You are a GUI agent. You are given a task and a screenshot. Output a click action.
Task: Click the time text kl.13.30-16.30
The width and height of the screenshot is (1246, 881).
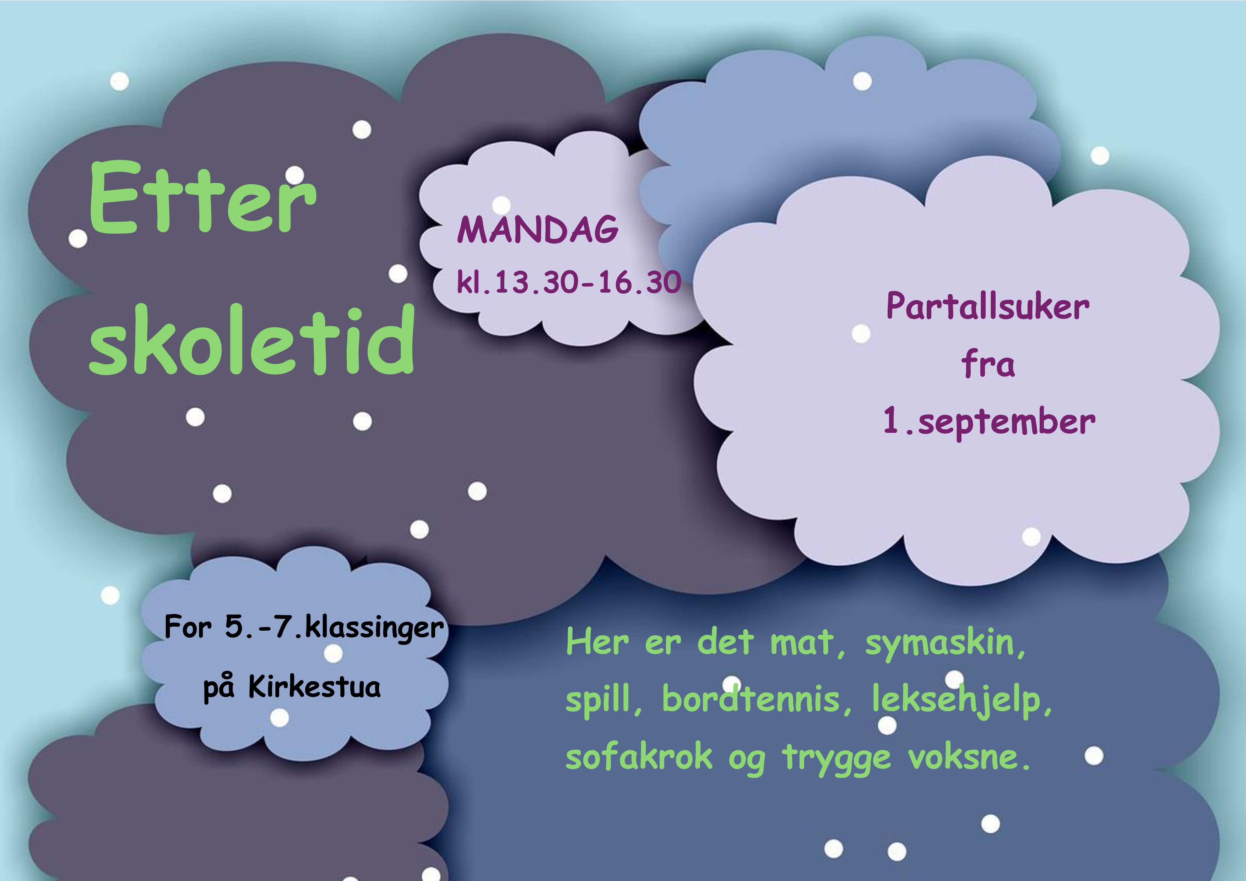point(569,282)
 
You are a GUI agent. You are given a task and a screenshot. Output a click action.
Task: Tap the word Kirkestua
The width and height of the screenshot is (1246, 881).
point(314,686)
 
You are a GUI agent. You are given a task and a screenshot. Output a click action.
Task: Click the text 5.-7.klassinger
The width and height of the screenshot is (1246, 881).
point(334,628)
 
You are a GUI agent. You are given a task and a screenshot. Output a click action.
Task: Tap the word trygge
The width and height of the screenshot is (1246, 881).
point(836,758)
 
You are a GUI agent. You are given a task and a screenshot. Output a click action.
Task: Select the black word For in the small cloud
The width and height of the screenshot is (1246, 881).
point(188,627)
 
